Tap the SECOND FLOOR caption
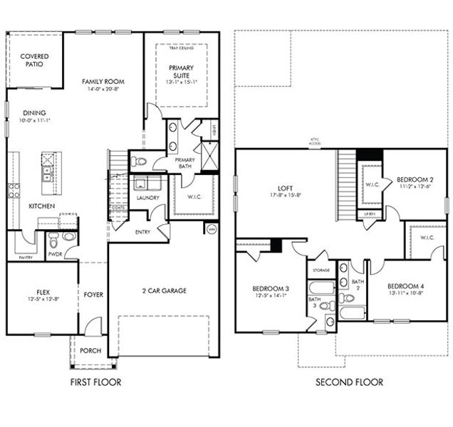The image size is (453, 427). point(349,382)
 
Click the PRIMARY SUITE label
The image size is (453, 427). point(181,72)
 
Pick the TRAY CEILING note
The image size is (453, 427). point(182,48)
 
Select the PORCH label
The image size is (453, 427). point(90,352)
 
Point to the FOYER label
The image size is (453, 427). point(93,294)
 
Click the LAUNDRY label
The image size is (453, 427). point(147,198)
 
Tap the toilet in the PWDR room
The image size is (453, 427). point(68,237)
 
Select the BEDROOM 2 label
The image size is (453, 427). point(415,179)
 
